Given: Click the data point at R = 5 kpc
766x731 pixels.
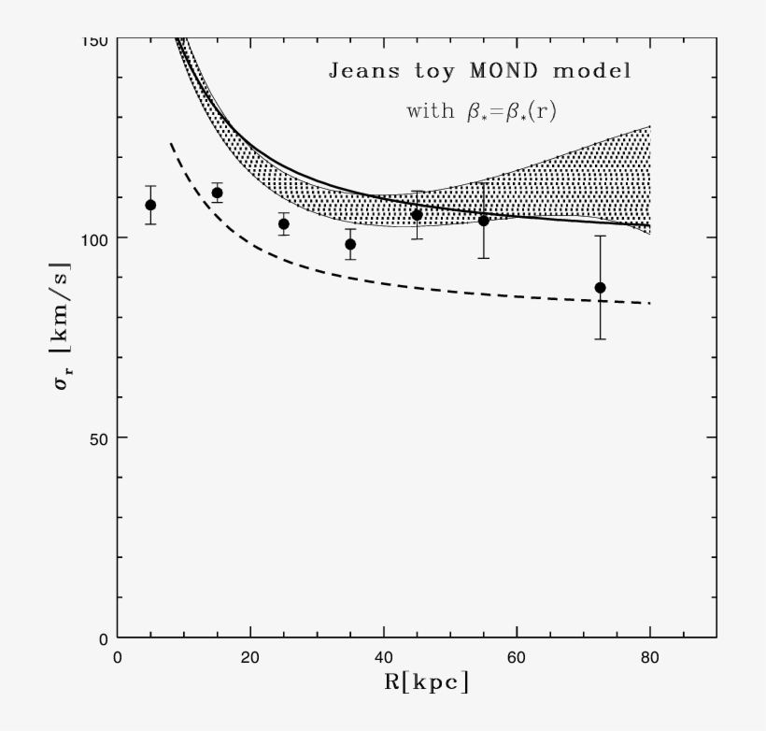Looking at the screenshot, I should point(150,205).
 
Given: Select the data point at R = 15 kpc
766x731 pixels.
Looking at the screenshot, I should point(217,193).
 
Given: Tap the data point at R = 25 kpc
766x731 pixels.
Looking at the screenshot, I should point(284,223).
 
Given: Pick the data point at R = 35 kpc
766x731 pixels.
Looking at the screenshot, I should point(350,244).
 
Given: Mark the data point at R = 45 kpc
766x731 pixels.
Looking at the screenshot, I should point(417,215).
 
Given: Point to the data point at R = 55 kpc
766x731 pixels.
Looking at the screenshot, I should point(484,221).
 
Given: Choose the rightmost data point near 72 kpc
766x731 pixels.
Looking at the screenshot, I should point(600,287).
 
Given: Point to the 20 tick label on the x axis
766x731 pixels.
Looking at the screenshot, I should point(250,657).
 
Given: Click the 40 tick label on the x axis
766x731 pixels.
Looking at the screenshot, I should point(384,657).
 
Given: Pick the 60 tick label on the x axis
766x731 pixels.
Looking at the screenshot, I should point(517,657).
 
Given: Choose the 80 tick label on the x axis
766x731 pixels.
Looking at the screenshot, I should point(650,657).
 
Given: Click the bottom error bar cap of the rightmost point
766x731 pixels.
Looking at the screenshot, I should point(600,338).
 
